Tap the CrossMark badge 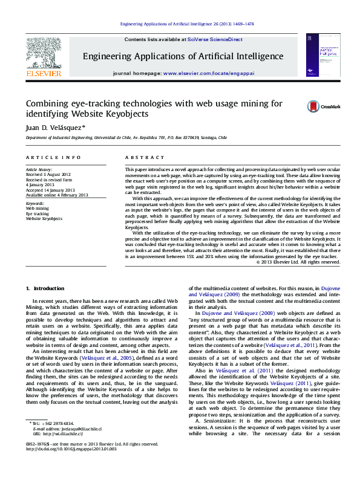[323, 106]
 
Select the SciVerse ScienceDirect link [215, 39]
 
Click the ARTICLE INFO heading [53, 157]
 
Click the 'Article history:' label [39, 169]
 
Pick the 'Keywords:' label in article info [36, 204]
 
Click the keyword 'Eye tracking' [37, 213]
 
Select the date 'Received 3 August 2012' [48, 174]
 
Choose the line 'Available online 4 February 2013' [56, 195]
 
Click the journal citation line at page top [187, 24]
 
